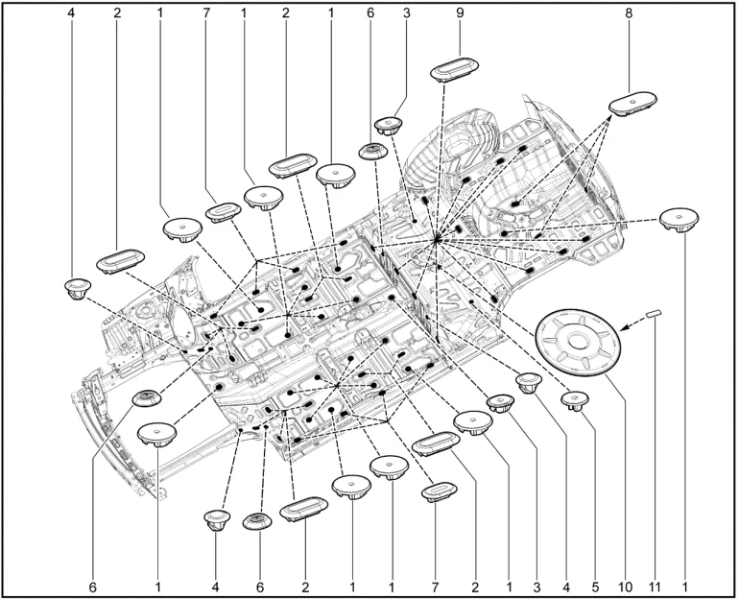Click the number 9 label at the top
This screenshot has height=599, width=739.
click(x=460, y=13)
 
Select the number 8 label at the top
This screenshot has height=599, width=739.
click(x=629, y=13)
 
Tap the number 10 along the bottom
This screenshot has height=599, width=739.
click(x=625, y=587)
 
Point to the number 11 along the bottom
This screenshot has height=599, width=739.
click(x=655, y=587)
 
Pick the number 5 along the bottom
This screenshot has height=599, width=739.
click(x=595, y=587)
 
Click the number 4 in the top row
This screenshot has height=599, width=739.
click(x=71, y=13)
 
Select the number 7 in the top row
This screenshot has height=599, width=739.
click(x=206, y=13)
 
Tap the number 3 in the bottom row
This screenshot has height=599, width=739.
click(x=536, y=587)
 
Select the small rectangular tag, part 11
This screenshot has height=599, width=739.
click(x=654, y=313)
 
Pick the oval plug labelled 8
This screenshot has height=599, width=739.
click(x=632, y=103)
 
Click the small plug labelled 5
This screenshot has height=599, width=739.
click(x=575, y=401)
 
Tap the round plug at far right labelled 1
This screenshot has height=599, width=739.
click(x=679, y=219)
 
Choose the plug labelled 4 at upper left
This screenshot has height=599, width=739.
click(x=78, y=288)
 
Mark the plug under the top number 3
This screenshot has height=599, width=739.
click(x=389, y=126)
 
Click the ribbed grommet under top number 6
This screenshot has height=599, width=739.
click(x=373, y=152)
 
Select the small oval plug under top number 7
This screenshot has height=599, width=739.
click(x=223, y=212)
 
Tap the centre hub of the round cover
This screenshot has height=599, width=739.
click(x=577, y=339)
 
